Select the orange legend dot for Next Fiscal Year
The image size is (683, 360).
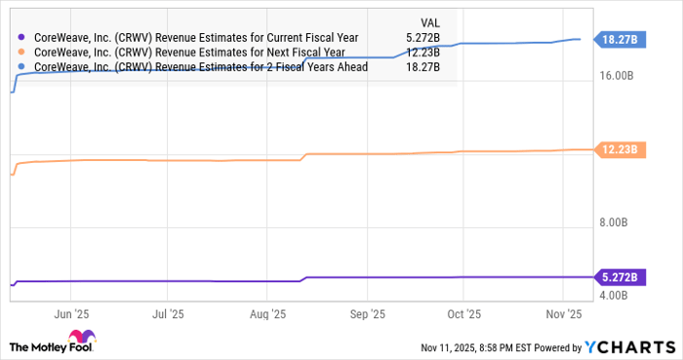pos(22,53)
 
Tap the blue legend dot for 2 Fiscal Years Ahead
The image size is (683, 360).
pos(22,67)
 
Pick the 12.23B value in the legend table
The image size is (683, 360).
pos(421,53)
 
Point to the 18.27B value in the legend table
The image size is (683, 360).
pos(421,67)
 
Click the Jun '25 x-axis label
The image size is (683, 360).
pos(70,315)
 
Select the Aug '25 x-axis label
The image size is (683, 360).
pos(267,315)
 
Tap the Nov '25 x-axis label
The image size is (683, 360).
pos(563,315)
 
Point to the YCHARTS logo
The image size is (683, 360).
pos(631,346)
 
